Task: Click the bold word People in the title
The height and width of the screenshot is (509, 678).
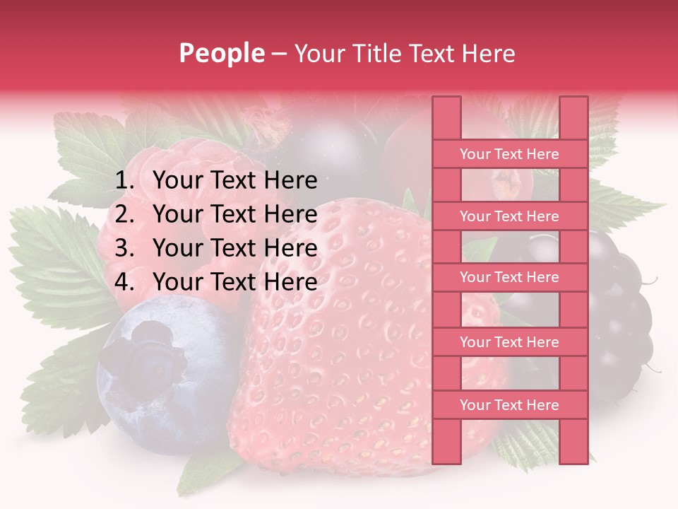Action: pos(222,53)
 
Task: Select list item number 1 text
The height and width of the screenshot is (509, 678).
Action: pos(234,181)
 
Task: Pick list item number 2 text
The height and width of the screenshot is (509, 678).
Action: pos(234,214)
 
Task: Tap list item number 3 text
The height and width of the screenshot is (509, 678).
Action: pos(234,248)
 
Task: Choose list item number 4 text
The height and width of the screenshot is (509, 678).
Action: pos(234,282)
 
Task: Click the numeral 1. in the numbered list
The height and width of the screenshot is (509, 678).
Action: pos(124,181)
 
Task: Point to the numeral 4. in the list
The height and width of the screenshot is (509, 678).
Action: pos(124,282)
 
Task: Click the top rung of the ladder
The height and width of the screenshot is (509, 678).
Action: pos(509,154)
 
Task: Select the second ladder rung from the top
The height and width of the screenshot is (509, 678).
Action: pos(509,216)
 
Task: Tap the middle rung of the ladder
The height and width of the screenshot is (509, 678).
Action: pos(509,278)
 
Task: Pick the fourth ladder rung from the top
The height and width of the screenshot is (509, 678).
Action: pos(509,342)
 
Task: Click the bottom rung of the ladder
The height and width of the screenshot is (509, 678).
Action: pos(509,405)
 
